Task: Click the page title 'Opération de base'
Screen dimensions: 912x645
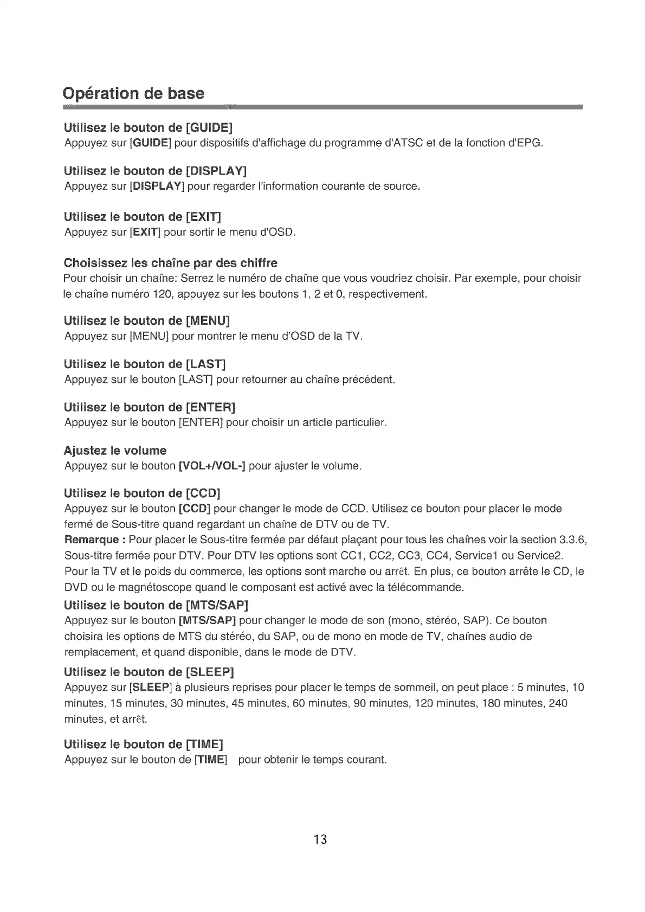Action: pos(134,93)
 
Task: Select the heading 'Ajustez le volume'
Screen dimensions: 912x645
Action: pos(115,451)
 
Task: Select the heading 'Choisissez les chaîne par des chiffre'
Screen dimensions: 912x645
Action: pos(170,264)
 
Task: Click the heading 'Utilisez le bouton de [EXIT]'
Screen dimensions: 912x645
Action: pos(143,217)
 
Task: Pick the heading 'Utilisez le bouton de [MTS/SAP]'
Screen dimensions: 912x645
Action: pos(156,605)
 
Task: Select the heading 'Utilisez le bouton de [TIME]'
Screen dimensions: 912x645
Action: pos(143,744)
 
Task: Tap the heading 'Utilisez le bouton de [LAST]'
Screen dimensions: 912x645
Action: pos(145,364)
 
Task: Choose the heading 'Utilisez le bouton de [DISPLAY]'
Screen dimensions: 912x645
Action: pos(155,171)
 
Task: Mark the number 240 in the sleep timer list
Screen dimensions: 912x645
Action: pos(558,704)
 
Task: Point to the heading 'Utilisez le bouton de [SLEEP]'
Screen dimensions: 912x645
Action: pos(149,672)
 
